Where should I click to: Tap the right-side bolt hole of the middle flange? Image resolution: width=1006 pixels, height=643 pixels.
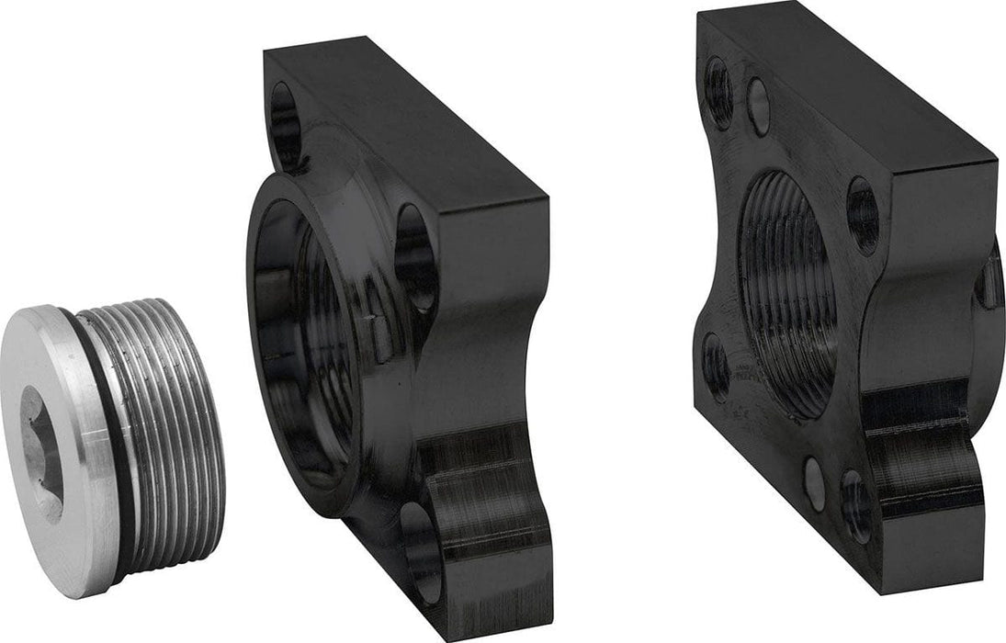pyautogui.click(x=414, y=256)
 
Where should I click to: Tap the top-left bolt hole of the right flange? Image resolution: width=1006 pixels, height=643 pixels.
pyautogui.click(x=719, y=92)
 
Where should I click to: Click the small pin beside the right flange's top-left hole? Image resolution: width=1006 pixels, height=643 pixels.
pyautogui.click(x=758, y=107)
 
